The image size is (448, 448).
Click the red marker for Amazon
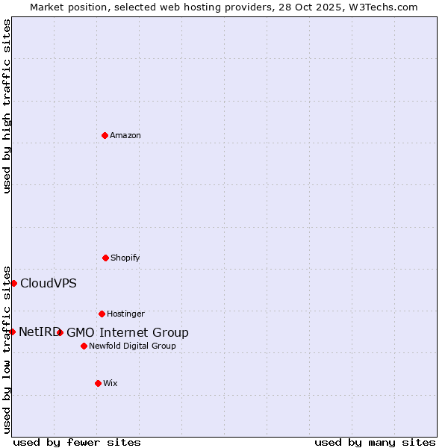point(105,135)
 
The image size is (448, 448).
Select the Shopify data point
point(105,258)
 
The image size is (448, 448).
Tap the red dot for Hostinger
point(102,314)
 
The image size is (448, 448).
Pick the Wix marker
point(98,383)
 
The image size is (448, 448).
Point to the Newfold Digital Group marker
point(84,346)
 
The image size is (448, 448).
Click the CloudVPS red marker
point(13,283)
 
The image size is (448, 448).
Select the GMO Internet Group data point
point(60,332)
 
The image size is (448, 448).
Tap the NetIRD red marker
point(12,332)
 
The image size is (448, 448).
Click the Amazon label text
point(125,135)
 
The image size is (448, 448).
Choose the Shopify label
point(125,258)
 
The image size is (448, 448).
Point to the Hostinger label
point(125,314)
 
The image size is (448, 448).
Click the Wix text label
point(111,383)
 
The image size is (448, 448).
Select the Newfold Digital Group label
point(133,346)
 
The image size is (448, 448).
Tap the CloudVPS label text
point(49,283)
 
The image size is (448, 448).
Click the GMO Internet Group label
point(128,332)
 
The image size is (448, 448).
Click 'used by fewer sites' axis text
point(77,442)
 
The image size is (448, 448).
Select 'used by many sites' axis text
point(375,442)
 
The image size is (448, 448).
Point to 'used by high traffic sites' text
point(7,106)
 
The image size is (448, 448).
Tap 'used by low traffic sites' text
point(7,349)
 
